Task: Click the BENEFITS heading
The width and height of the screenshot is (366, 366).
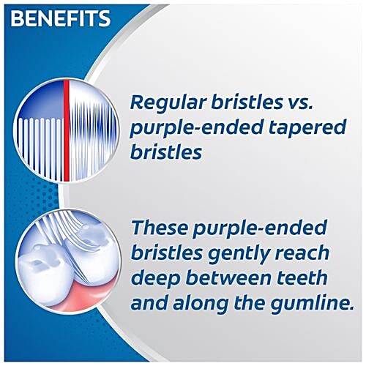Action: (61, 18)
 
